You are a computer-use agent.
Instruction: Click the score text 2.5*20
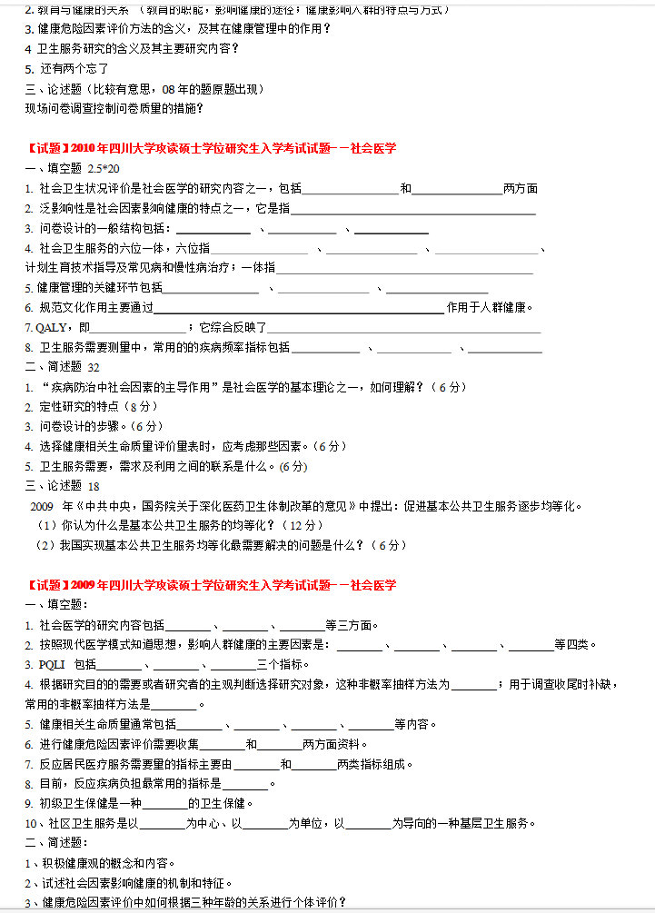104,168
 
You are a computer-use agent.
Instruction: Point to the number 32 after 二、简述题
94,367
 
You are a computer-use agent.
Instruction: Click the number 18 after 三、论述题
94,486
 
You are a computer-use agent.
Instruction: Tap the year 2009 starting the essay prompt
44,506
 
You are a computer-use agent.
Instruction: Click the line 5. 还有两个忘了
68,68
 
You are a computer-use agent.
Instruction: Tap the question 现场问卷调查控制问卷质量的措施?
114,108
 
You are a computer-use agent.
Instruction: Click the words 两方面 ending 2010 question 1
521,189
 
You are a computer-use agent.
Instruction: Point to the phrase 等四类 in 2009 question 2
575,645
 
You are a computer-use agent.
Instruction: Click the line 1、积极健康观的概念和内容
100,863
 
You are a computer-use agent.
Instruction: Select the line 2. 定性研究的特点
82,407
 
